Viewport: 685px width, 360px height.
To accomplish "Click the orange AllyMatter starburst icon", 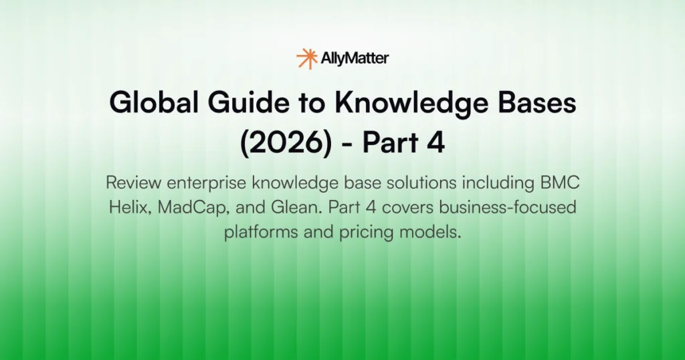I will tap(307, 59).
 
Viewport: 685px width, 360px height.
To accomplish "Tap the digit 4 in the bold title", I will tap(435, 144).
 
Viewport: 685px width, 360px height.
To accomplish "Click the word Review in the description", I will tap(130, 183).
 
